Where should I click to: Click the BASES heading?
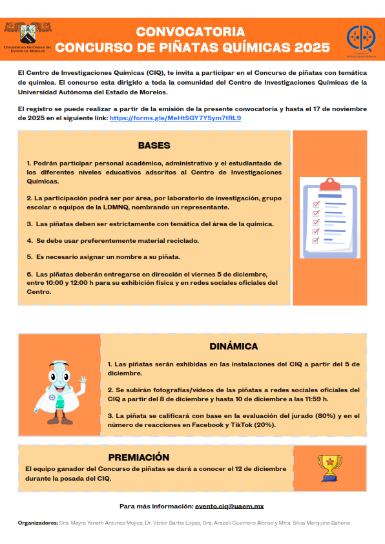(x=154, y=145)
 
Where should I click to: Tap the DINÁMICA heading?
(x=233, y=346)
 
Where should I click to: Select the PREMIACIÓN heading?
(x=138, y=457)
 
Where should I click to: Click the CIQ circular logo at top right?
(x=359, y=38)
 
